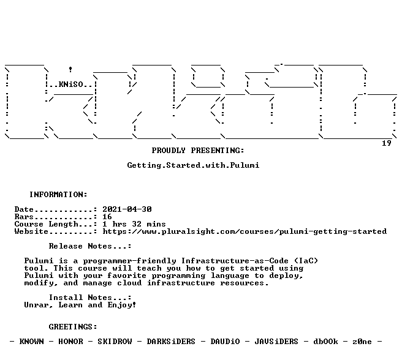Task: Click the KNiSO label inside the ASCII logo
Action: click(71, 84)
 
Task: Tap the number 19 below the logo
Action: click(386, 143)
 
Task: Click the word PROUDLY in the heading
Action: click(169, 151)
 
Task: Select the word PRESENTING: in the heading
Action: click(218, 151)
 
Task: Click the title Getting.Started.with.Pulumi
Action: click(193, 165)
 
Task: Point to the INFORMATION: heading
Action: click(58, 195)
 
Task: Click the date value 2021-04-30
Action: click(127, 209)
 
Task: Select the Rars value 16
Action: click(107, 217)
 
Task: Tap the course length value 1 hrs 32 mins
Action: click(134, 224)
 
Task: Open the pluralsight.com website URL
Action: click(245, 231)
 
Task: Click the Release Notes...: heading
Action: click(90, 246)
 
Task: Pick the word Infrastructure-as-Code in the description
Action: click(235, 261)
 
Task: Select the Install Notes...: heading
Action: click(90, 298)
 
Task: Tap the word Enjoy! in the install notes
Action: click(121, 305)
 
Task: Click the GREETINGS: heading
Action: click(73, 327)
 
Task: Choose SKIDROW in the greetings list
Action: click(115, 342)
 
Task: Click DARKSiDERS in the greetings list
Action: click(171, 342)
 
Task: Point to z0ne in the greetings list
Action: click(362, 342)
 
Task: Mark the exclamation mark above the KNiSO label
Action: click(70, 69)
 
